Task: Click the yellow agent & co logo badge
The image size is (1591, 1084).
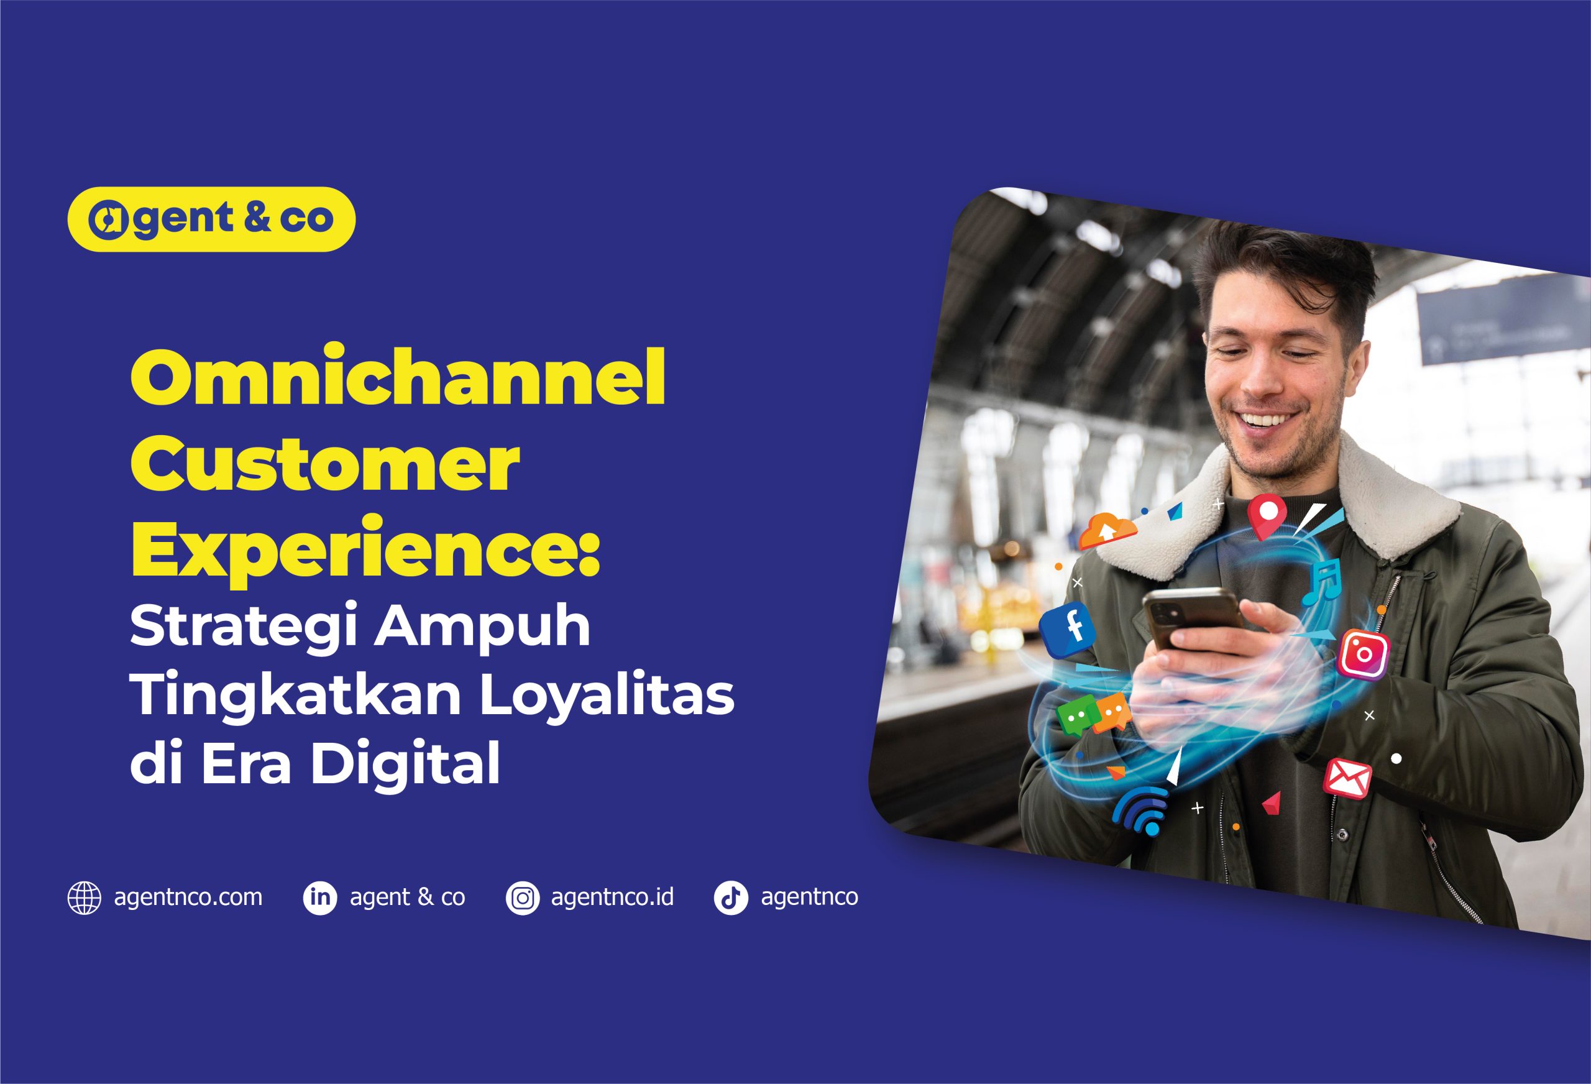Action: coord(211,219)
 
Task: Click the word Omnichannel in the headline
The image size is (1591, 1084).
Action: coord(398,378)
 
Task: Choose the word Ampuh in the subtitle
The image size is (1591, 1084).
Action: coord(481,628)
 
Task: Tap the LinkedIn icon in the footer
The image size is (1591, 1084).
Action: coord(319,898)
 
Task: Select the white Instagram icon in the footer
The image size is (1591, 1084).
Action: coord(522,898)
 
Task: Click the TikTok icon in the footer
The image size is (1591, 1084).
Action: coord(730,898)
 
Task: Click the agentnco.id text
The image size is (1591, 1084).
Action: coord(613,897)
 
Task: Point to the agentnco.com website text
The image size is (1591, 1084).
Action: coord(188,898)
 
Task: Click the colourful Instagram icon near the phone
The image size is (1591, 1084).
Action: coord(1363,653)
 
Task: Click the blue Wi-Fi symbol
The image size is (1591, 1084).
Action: coord(1140,812)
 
